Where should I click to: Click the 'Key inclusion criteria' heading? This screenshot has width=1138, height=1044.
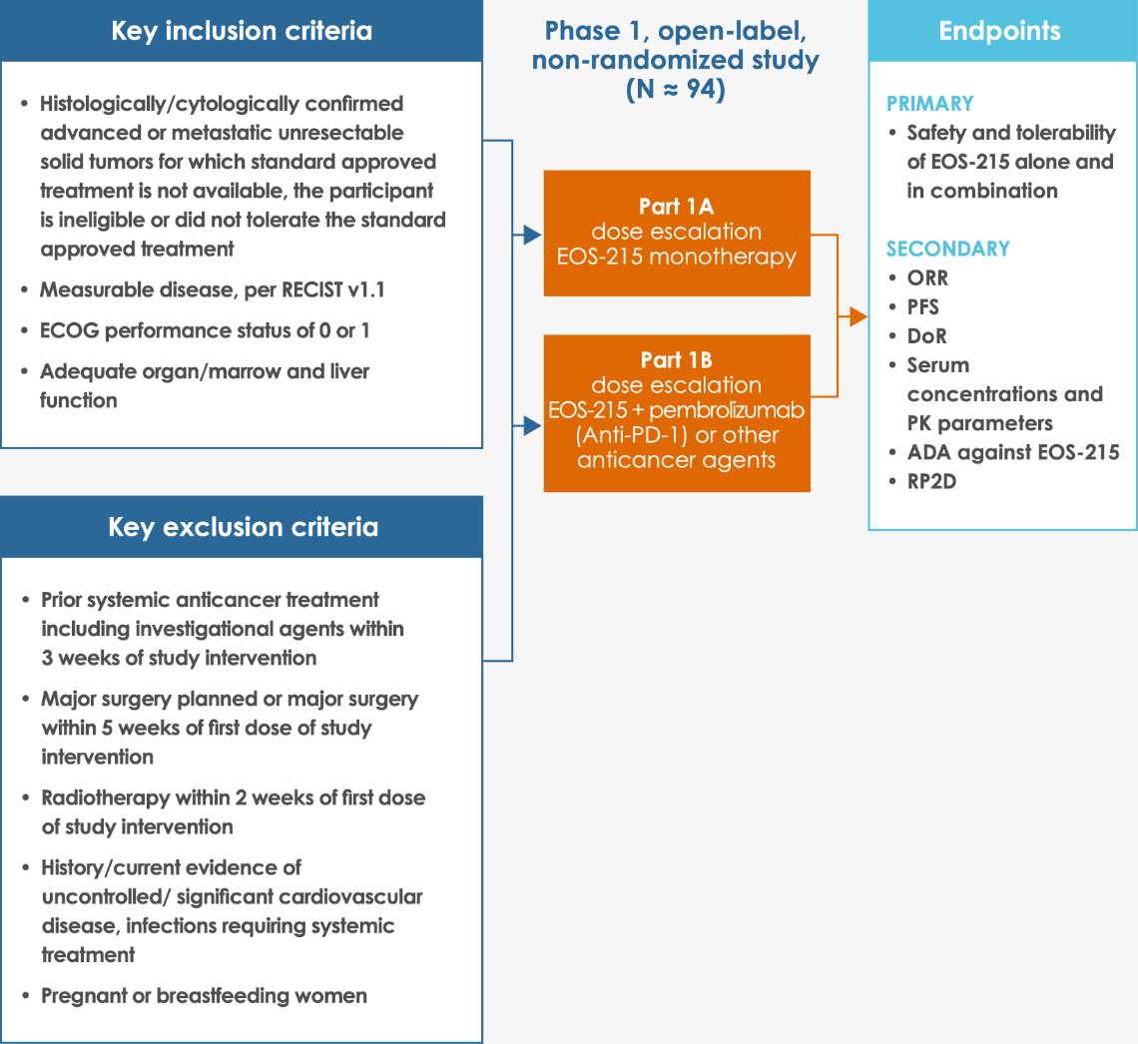[242, 31]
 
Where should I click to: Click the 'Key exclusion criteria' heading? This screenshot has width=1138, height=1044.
[243, 527]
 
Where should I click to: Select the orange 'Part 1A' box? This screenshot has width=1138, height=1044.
[677, 233]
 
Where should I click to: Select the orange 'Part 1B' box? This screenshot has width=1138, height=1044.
[677, 412]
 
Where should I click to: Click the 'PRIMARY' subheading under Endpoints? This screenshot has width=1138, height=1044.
[929, 104]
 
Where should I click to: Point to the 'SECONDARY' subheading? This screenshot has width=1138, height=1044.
[948, 249]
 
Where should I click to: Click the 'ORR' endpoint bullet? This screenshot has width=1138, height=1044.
[927, 278]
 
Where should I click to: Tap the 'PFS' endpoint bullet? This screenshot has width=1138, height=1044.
[923, 307]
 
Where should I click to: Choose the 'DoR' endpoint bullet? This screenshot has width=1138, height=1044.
[926, 336]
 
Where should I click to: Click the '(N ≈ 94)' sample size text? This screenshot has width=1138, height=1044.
[675, 90]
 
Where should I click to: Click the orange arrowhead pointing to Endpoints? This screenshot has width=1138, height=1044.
[857, 317]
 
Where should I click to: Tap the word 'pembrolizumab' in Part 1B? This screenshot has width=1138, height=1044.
[728, 410]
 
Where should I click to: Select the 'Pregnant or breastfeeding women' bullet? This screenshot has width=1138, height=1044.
[204, 996]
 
